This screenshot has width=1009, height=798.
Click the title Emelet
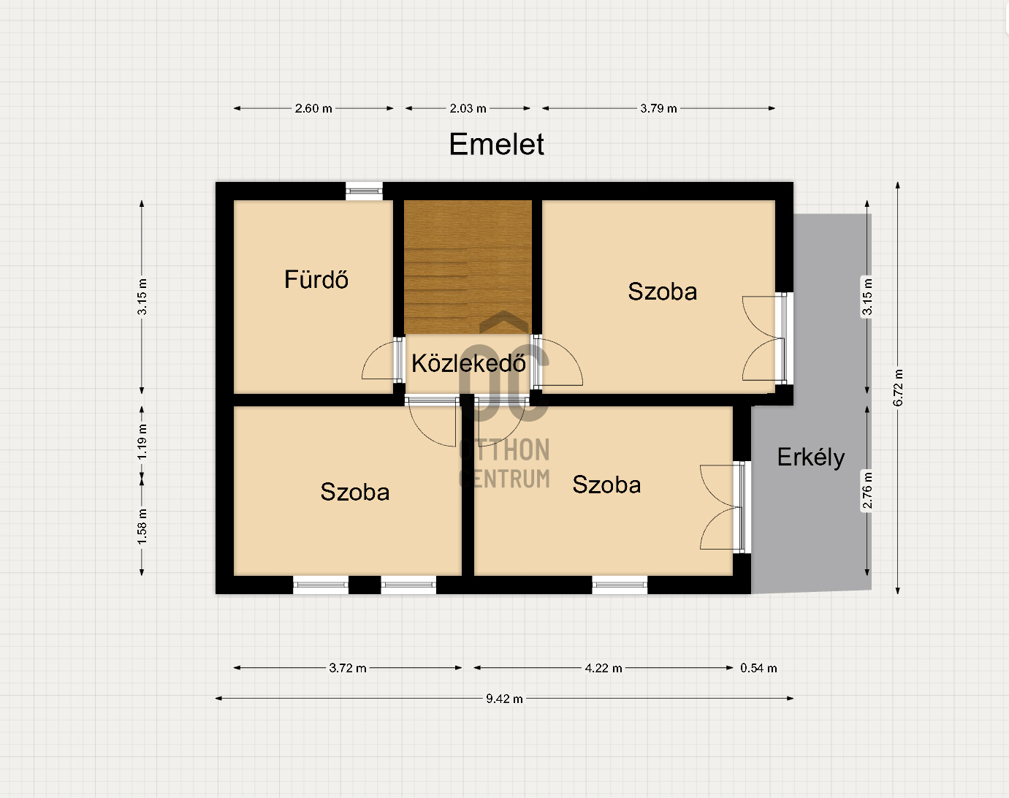pos(497,144)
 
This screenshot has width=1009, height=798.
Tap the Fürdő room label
pos(316,280)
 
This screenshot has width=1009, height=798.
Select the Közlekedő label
pos(468,363)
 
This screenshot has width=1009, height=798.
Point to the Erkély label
pos(811,457)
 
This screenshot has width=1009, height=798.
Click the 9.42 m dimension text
pos(504,699)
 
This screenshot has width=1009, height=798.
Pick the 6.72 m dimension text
pos(898,388)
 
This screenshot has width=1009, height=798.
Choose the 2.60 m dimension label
pos(313,108)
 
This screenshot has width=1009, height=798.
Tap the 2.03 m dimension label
pos(468,108)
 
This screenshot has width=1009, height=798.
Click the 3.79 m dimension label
pos(658,108)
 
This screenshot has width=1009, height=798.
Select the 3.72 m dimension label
pos(348,668)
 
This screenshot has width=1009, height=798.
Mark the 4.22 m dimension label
pos(604,668)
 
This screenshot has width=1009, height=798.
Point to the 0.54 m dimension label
pos(758,668)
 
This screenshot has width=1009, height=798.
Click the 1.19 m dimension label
pos(142,442)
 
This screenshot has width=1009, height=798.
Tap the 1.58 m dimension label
pos(142,527)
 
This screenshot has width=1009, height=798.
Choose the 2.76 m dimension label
pos(867,490)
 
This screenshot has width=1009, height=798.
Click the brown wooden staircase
pos(468,267)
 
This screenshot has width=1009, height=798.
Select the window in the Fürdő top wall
pos(365,191)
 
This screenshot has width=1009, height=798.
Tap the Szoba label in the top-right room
pos(663,292)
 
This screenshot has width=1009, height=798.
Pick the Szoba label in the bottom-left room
pos(355,492)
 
